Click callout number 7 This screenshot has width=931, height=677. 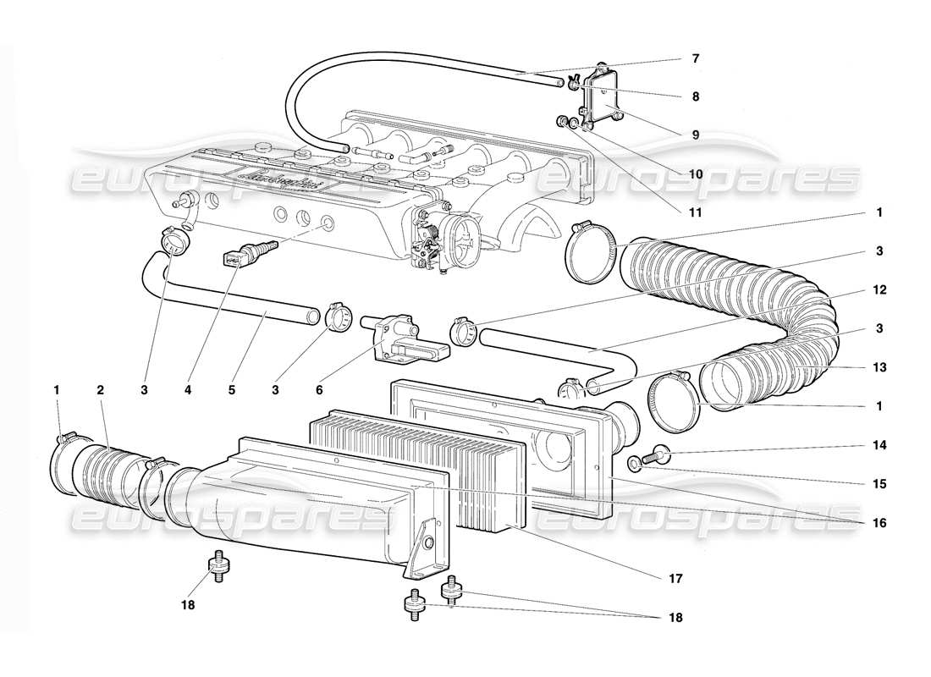[x=696, y=59]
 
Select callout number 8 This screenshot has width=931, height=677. [x=696, y=96]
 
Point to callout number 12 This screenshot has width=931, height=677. [x=880, y=289]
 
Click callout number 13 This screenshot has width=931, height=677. [x=880, y=367]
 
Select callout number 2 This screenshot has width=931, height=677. [x=100, y=390]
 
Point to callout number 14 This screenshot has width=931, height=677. [x=880, y=444]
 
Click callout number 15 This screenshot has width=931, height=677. [x=880, y=484]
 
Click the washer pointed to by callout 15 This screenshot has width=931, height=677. [x=635, y=463]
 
